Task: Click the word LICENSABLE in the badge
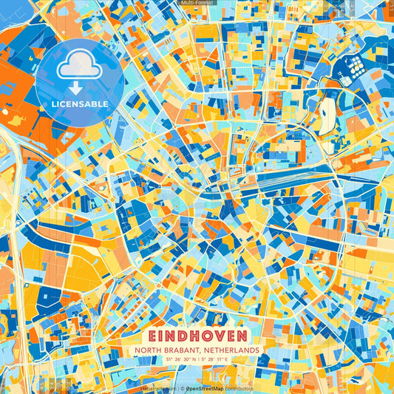79,104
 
